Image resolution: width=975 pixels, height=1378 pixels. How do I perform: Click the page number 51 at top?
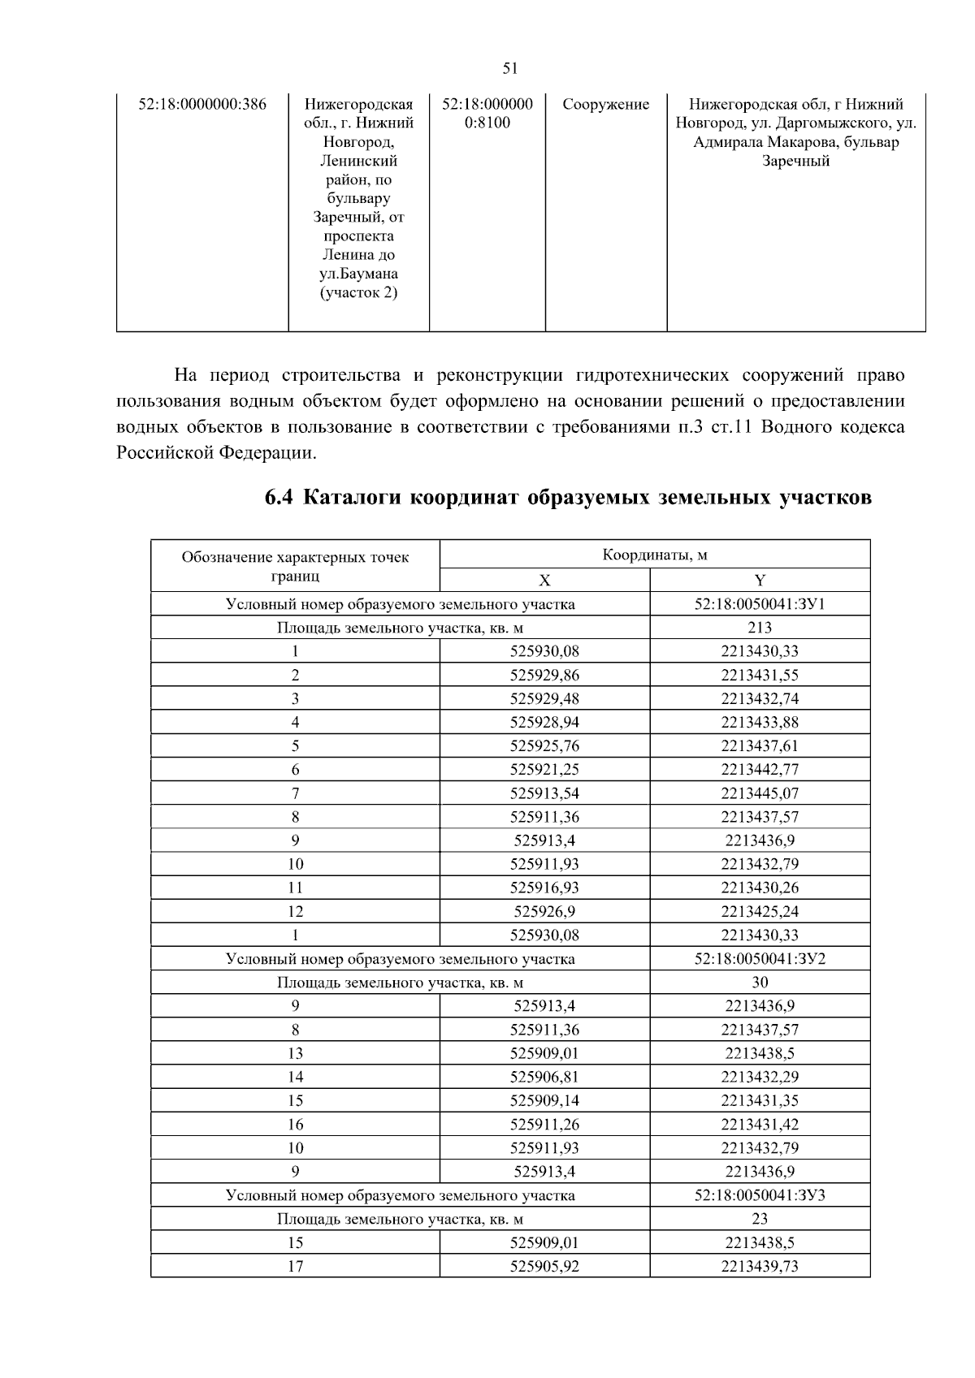tap(510, 69)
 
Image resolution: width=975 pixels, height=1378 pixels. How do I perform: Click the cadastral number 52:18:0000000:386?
tap(202, 105)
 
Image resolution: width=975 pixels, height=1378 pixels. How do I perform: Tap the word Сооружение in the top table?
tap(605, 105)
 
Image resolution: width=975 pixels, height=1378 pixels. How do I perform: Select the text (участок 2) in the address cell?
tap(359, 293)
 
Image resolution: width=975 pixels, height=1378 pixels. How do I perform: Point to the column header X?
tap(544, 581)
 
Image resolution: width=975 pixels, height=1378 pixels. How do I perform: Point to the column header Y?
tap(760, 581)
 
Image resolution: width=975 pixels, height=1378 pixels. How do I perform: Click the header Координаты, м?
tap(654, 555)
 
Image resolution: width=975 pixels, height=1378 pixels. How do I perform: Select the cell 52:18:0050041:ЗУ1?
tap(760, 604)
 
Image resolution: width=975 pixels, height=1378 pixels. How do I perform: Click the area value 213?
tap(760, 628)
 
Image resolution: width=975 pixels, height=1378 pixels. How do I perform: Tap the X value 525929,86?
tap(544, 675)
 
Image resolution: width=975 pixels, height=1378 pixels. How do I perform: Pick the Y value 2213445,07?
tap(760, 793)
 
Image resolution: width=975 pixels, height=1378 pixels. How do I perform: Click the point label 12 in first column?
tap(295, 912)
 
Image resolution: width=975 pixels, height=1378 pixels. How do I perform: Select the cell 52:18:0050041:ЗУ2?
tap(760, 959)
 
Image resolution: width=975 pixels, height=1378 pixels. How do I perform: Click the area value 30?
tap(760, 983)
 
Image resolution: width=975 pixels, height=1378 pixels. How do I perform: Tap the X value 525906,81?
tap(544, 1078)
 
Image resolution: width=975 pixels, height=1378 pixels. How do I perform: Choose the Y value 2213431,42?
tap(760, 1125)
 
